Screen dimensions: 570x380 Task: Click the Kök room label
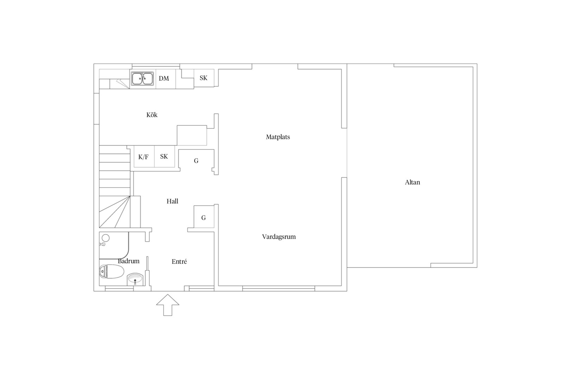click(x=152, y=115)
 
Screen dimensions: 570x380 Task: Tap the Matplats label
click(x=278, y=137)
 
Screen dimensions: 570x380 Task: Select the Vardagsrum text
click(x=279, y=237)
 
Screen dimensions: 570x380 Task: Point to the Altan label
click(x=412, y=182)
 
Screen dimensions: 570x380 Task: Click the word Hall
click(x=172, y=201)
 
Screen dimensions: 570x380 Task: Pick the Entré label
click(x=179, y=261)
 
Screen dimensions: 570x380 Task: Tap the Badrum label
click(x=128, y=261)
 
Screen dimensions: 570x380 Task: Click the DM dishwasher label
click(x=164, y=78)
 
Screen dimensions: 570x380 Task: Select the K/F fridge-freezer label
click(x=143, y=157)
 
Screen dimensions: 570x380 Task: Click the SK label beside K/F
click(x=164, y=157)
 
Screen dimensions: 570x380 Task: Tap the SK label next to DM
click(x=203, y=78)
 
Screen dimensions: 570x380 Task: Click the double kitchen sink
click(x=142, y=79)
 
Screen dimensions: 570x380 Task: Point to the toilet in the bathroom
click(x=112, y=272)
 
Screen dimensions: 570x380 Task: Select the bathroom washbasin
click(x=135, y=279)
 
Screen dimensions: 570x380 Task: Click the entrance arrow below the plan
click(x=168, y=305)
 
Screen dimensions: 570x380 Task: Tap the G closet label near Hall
click(x=204, y=218)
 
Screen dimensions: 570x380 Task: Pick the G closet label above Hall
click(x=196, y=161)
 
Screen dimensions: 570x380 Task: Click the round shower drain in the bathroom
click(x=106, y=238)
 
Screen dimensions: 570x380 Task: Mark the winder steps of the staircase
click(x=115, y=212)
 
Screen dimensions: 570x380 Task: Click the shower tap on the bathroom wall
click(x=102, y=244)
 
